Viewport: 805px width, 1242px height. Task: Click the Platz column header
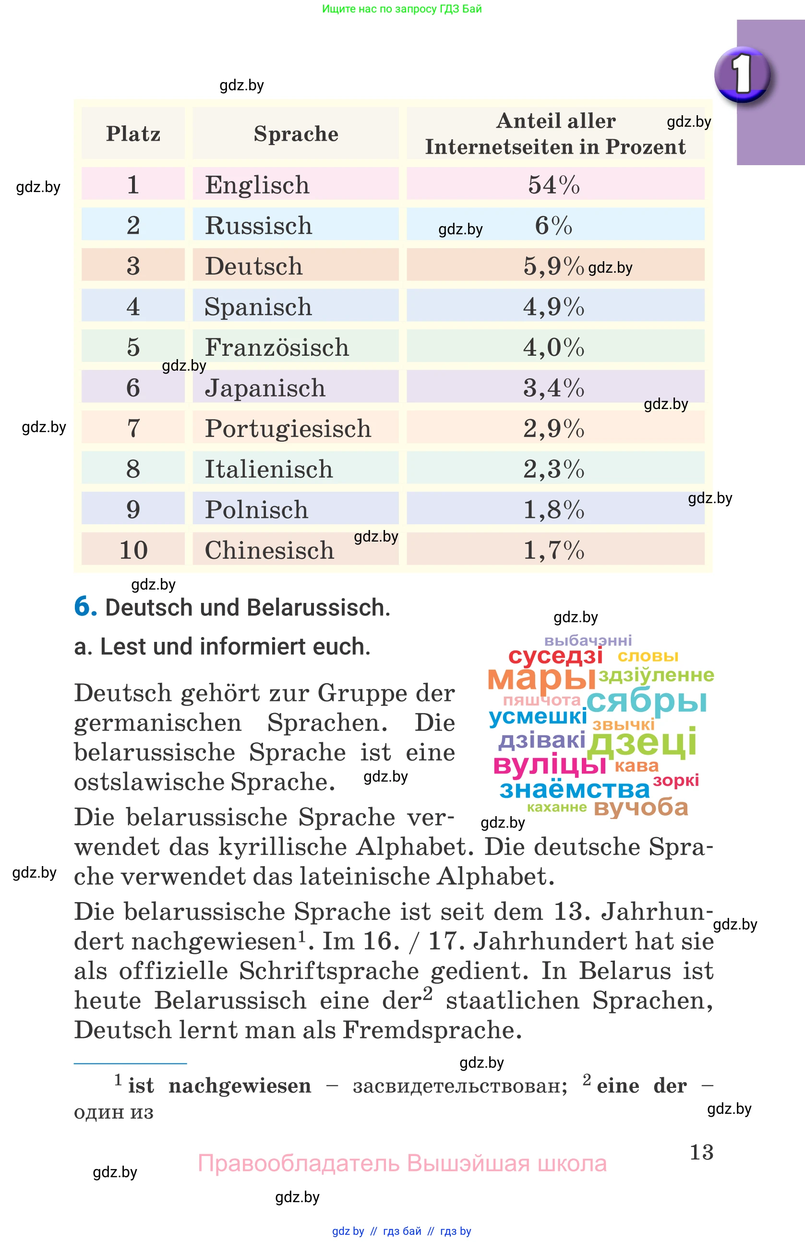click(133, 133)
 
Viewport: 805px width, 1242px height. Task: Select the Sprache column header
click(296, 133)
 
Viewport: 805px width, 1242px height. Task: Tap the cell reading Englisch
click(257, 185)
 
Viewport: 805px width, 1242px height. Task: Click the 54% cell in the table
click(553, 185)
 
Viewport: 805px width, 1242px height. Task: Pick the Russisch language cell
click(258, 226)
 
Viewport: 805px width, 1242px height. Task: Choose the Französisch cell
click(276, 347)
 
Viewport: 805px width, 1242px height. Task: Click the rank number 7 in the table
click(133, 428)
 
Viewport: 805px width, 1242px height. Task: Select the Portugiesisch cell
click(288, 428)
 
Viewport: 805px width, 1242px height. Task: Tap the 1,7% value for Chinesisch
click(553, 550)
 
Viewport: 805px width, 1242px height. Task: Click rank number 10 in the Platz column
click(133, 550)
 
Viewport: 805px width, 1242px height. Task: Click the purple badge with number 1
click(742, 74)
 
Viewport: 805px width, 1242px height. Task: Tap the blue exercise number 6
click(85, 606)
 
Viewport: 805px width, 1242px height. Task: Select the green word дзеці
click(642, 742)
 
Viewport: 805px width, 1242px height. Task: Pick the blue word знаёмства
click(575, 789)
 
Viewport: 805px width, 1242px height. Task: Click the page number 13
click(701, 1152)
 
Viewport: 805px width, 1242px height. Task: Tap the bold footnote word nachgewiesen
click(240, 1086)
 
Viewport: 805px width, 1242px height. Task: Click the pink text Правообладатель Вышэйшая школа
click(402, 1163)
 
